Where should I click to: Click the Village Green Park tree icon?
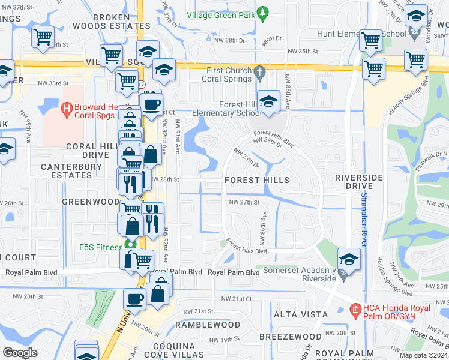point(262,11)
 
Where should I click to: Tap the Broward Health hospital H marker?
point(67,108)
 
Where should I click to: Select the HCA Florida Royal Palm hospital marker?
point(355,310)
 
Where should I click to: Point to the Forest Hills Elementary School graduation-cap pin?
point(268,101)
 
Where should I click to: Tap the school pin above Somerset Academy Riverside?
point(348,259)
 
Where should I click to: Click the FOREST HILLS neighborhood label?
point(256,180)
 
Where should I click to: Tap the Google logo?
point(20,353)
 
